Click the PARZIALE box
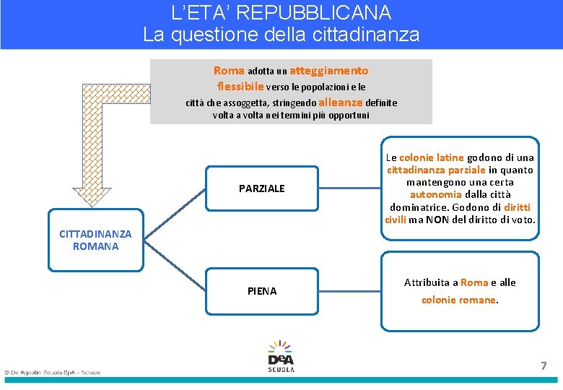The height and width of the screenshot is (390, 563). coord(262,188)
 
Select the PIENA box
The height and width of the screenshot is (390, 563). coord(262,291)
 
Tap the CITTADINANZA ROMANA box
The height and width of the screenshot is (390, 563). coord(95,240)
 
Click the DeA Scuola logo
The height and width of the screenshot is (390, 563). coord(281,356)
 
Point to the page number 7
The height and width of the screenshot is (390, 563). coord(544,365)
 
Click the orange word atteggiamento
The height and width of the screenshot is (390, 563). coord(329,71)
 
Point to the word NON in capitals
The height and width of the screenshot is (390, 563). coord(437,220)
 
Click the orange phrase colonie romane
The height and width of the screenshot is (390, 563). coord(459,300)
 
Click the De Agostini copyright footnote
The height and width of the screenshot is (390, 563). coord(52,373)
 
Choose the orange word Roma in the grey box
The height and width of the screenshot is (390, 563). coord(229,71)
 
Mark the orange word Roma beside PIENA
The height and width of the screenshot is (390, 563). coord(474,282)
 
